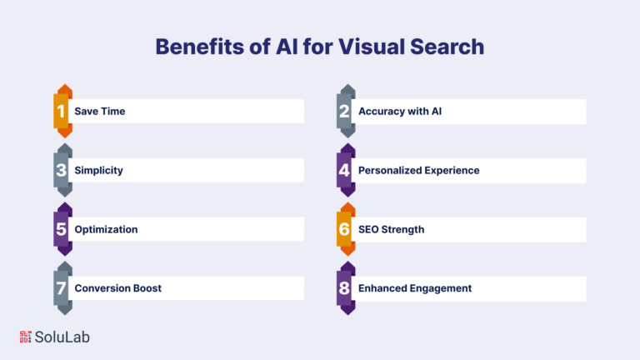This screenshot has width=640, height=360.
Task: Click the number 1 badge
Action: (62, 111)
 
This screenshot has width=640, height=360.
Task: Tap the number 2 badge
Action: (346, 111)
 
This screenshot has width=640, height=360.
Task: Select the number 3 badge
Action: (62, 170)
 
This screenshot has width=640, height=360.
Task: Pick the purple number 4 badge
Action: (346, 170)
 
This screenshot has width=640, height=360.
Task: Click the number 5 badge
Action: (62, 229)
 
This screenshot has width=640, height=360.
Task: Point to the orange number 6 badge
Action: (346, 229)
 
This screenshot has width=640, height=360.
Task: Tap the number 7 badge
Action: (62, 288)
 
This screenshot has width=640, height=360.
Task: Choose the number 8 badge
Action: (346, 288)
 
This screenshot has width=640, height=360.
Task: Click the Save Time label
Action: (100, 112)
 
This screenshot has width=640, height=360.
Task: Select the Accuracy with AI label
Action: (400, 112)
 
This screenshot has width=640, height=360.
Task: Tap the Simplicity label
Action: (98, 171)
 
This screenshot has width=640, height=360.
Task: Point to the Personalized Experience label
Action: (419, 171)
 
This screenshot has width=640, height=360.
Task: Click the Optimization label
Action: (106, 229)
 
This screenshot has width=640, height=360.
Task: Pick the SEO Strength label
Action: (391, 229)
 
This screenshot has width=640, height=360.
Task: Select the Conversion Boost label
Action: (117, 288)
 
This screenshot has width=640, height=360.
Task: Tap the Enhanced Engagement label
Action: (415, 288)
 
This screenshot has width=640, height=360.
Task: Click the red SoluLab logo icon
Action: (25, 337)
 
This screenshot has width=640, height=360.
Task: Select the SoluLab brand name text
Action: (62, 337)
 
